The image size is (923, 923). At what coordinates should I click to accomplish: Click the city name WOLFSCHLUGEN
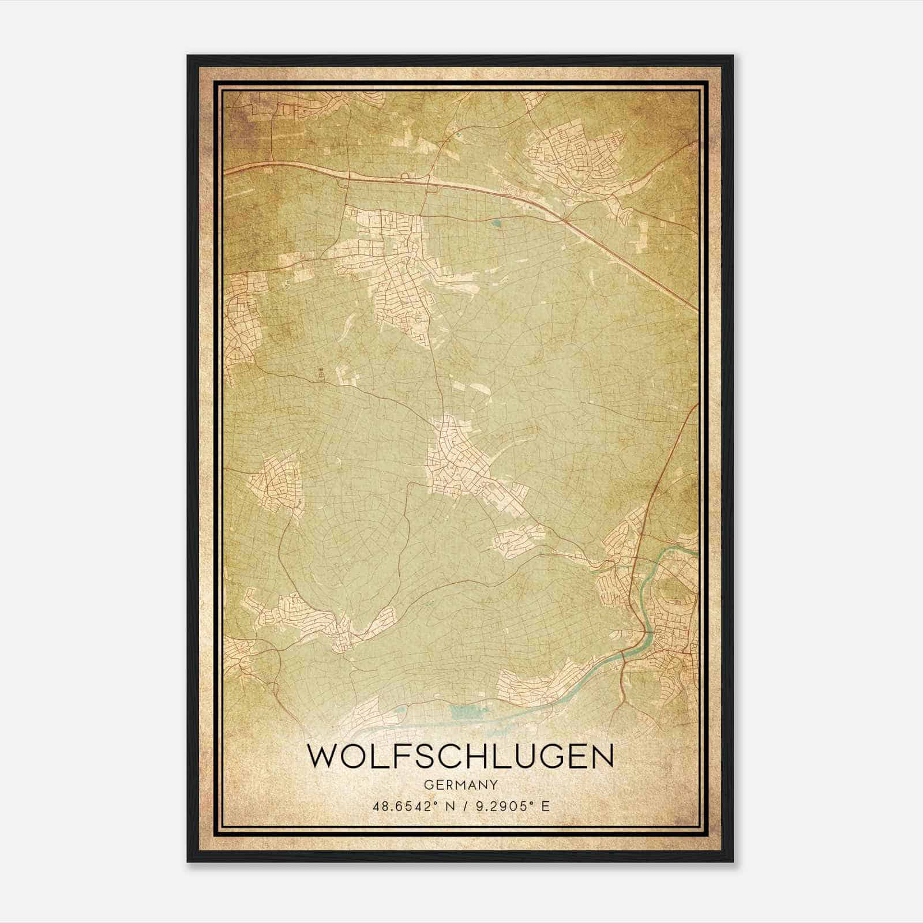(460, 756)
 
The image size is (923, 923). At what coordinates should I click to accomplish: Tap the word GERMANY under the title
(460, 785)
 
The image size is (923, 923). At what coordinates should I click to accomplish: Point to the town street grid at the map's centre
(456, 461)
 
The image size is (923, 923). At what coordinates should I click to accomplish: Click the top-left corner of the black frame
(188, 56)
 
